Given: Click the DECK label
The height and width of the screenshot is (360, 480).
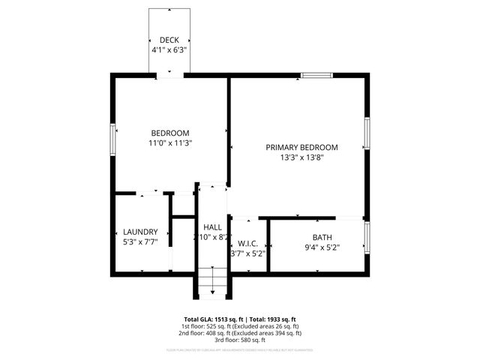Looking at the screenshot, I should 169,40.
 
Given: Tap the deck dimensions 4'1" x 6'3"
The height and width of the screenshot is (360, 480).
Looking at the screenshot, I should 169,49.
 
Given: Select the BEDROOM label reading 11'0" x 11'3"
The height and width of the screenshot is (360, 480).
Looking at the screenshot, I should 170,133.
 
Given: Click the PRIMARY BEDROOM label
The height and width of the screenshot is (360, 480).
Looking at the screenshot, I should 301,148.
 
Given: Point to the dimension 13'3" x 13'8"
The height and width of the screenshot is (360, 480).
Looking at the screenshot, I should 301,157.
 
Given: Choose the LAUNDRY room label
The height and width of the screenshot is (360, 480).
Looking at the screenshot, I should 140,232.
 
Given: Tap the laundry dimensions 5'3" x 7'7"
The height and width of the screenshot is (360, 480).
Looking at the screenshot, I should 140,242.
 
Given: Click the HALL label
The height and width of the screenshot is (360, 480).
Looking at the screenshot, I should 212,227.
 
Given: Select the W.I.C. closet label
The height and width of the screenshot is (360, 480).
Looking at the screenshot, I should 247,243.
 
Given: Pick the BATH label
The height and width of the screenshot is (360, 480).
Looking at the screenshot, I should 322,238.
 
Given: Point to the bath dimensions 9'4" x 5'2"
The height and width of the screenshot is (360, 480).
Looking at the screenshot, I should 322,247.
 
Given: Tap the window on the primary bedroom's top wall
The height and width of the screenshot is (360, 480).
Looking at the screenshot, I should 316,75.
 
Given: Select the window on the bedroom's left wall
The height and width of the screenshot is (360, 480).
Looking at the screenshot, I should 113,138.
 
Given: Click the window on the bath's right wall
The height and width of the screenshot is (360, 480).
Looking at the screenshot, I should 367,237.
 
